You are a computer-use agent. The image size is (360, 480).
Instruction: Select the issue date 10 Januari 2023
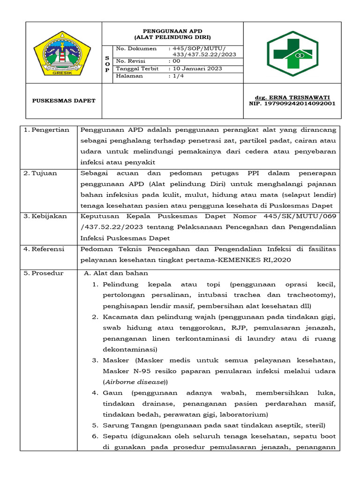196,68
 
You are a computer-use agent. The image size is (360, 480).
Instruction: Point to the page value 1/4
178,76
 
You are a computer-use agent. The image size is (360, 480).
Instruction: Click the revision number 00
176,61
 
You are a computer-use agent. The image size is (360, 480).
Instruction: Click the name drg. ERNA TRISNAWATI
292,97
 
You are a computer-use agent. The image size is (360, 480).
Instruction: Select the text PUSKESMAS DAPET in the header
63,101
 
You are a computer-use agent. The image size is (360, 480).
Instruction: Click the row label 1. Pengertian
46,130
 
